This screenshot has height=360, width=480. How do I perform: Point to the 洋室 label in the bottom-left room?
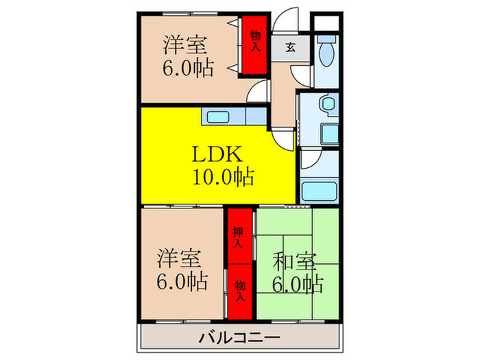pos(180,259)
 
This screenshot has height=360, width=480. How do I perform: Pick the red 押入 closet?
pos(238,237)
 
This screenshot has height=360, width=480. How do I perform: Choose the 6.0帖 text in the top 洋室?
pos(187,68)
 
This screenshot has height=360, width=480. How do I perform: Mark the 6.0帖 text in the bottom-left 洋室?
pos(181,281)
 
